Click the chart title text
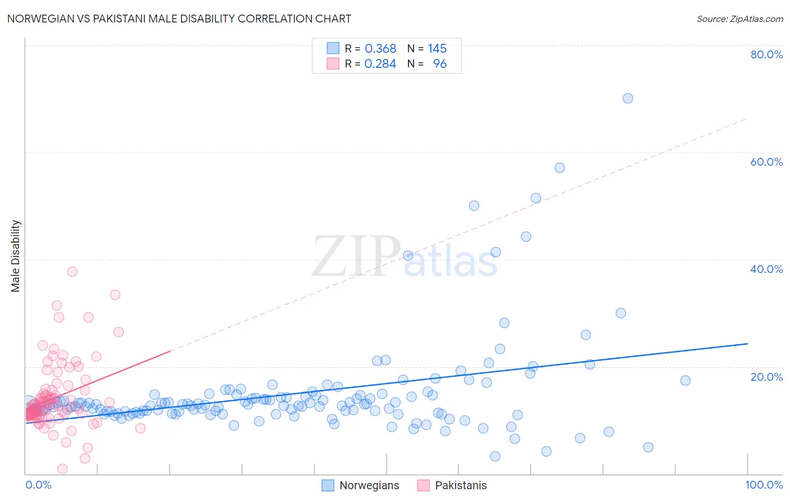coord(179,19)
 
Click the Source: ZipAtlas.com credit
coord(739,19)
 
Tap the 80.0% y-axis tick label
coord(766,54)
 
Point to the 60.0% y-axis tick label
coord(766,162)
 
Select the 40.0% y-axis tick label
coord(766,269)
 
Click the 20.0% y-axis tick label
coord(766,376)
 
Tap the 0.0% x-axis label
coord(38,485)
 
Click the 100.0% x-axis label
coord(764,485)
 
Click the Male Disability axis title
coord(16,256)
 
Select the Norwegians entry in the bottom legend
coord(369,485)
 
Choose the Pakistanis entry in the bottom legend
coord(461,485)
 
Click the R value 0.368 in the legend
coord(380,49)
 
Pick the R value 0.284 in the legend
coord(380,64)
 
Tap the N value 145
coord(437,49)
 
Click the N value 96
coord(440,64)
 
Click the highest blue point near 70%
coord(628,98)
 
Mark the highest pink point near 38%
coord(72,272)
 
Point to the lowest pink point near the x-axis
coord(62,469)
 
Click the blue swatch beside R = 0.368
coord(333,48)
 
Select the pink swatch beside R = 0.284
coord(333,63)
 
